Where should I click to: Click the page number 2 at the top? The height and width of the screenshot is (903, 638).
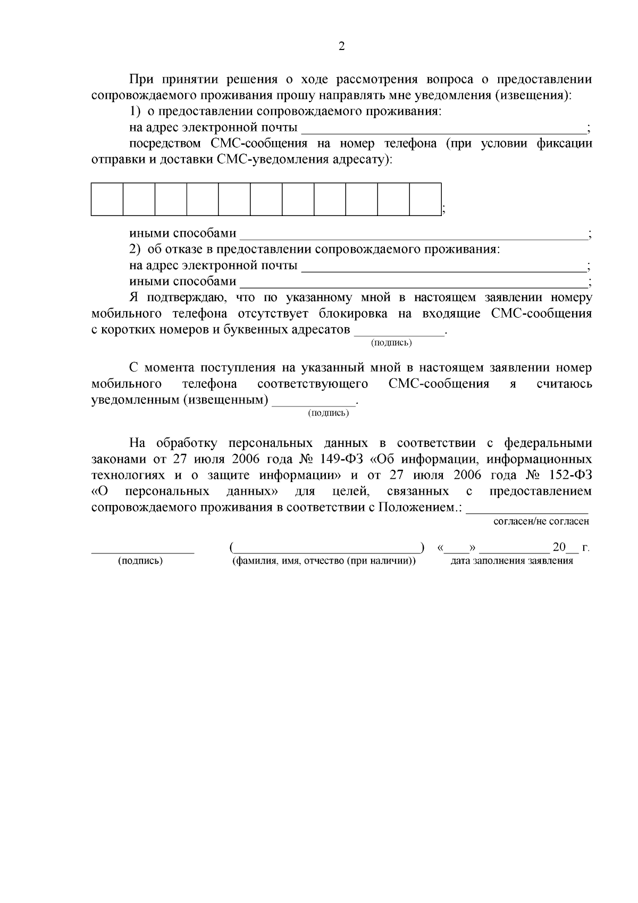pos(342,46)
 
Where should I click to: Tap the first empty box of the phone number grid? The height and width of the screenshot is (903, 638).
pos(107,199)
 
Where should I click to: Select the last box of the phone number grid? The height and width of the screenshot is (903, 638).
pos(425,199)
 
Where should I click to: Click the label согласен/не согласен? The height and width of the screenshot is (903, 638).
pos(541,521)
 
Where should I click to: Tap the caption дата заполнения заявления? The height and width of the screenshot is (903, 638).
pos(511,561)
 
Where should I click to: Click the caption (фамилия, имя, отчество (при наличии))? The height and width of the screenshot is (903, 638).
pos(324,561)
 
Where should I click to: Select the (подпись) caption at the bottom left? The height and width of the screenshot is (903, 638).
pos(140,561)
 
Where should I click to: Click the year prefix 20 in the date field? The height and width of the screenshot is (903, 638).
pos(559,547)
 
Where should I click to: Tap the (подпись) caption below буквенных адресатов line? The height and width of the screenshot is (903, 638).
pos(391,343)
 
